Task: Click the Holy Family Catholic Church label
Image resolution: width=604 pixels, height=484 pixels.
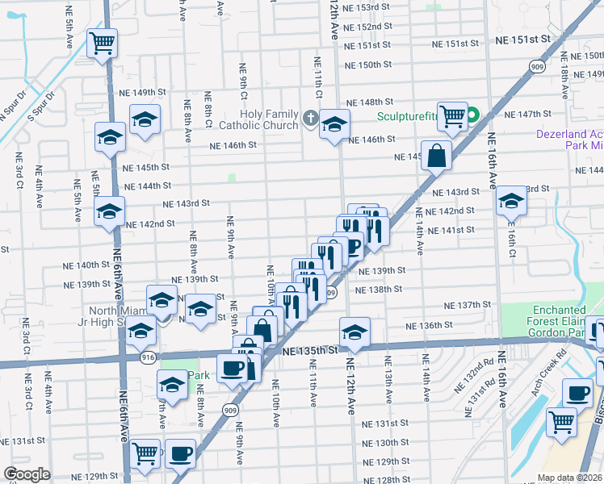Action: point(258,119)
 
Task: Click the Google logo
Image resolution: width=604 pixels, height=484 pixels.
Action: point(27,474)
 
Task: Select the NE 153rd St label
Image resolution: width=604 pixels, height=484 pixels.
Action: point(367,6)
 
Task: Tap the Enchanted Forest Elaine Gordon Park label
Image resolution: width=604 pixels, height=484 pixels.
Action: point(559,320)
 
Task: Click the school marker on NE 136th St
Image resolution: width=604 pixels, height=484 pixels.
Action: point(354,330)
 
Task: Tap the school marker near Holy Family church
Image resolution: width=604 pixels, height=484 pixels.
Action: point(333,124)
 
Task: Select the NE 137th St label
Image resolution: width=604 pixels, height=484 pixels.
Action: point(468,306)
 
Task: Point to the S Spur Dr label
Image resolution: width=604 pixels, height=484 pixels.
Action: point(40,105)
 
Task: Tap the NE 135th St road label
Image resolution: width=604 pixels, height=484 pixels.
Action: point(310,351)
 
